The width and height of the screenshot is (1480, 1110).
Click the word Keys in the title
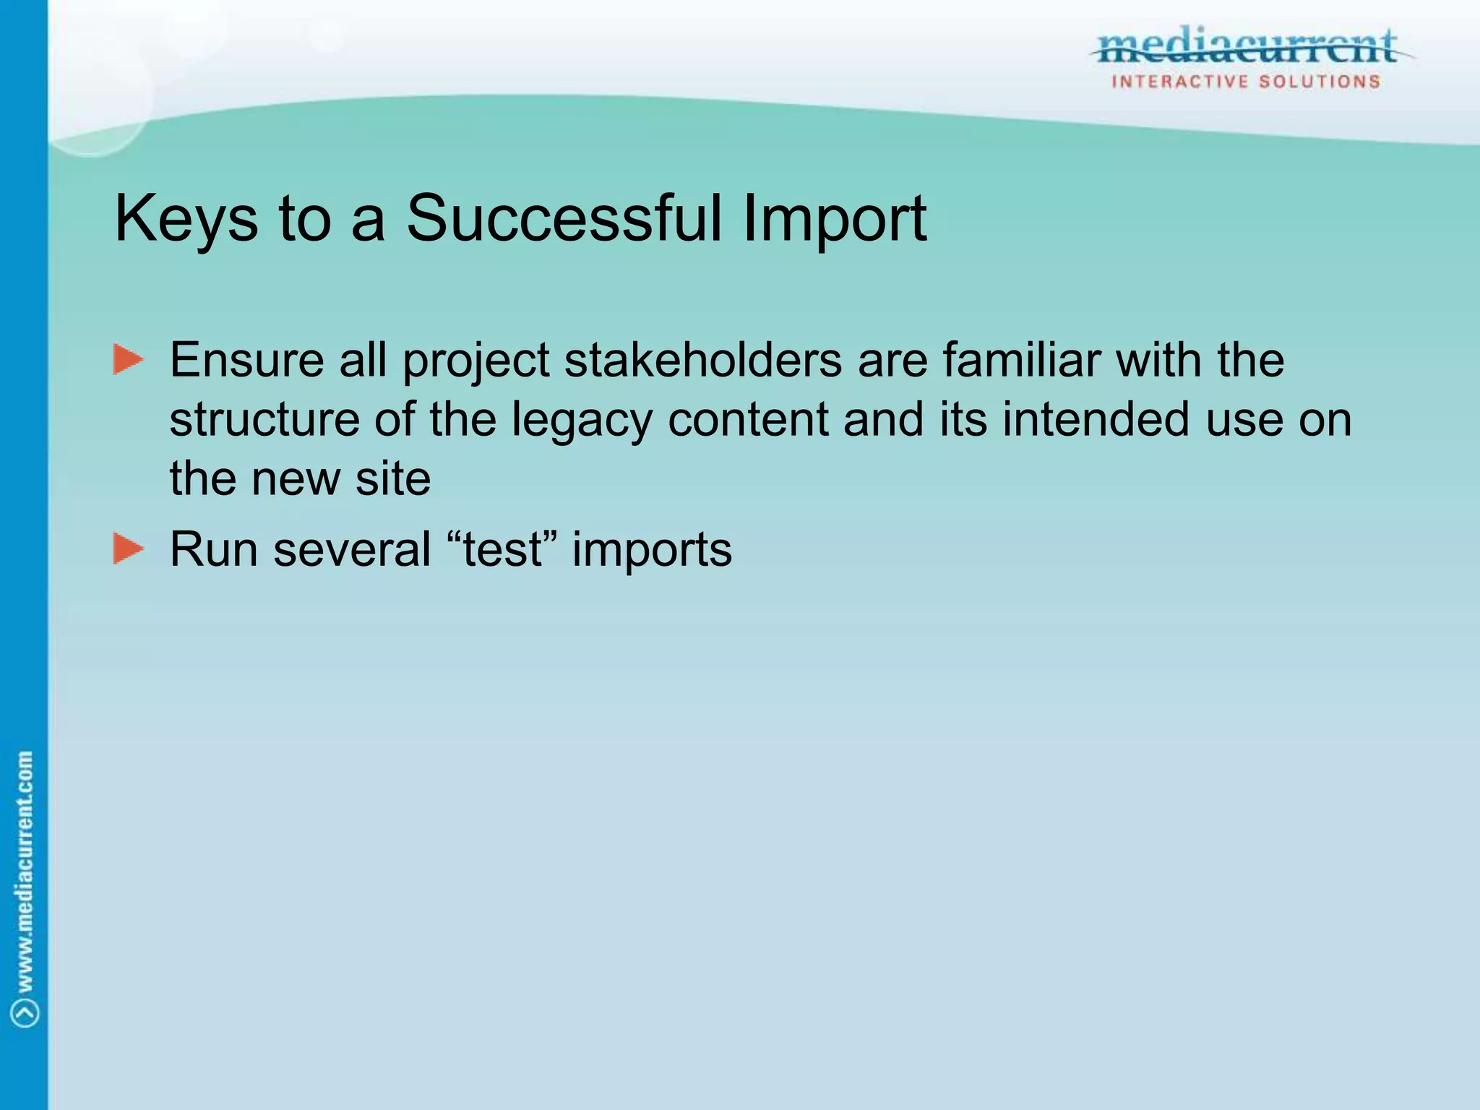[186, 219]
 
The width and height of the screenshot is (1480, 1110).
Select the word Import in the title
[834, 219]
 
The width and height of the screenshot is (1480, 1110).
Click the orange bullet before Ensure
[129, 360]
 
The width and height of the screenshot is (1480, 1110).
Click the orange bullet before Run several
[129, 549]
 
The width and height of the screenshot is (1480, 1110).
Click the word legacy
[582, 421]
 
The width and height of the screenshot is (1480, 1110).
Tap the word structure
[264, 419]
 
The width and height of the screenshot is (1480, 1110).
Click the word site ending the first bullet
[393, 478]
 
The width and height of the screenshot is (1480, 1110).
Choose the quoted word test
[503, 549]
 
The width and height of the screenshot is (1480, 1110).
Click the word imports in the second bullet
[652, 551]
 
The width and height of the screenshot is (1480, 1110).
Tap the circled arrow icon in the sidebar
[25, 1013]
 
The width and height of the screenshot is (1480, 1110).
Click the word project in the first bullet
[476, 361]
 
